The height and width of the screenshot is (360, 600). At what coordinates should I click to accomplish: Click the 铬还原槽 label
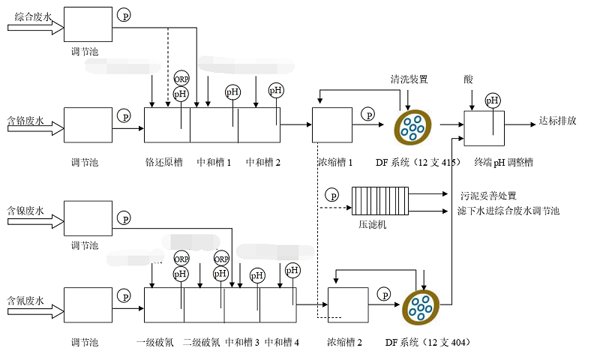coord(163,162)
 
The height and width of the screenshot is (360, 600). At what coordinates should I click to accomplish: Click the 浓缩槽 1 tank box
coord(332,125)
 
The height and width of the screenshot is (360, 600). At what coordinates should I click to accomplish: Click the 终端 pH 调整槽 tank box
coord(485,127)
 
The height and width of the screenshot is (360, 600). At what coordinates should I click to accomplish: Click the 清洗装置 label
coord(409,79)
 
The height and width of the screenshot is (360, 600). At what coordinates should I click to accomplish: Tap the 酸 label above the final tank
coord(469,79)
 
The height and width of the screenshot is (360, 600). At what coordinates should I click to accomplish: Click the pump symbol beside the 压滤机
coord(332,196)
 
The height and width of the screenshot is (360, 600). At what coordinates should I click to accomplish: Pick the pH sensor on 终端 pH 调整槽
coord(493,100)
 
